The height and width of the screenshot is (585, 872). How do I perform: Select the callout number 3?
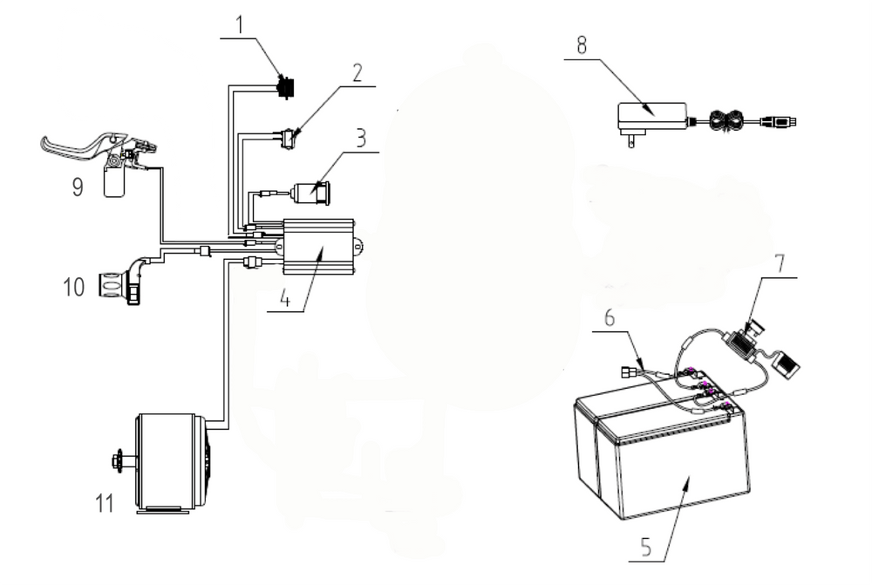coord(360,139)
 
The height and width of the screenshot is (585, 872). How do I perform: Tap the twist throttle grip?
coord(111,284)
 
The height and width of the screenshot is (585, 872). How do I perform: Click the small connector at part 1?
coord(284,85)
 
